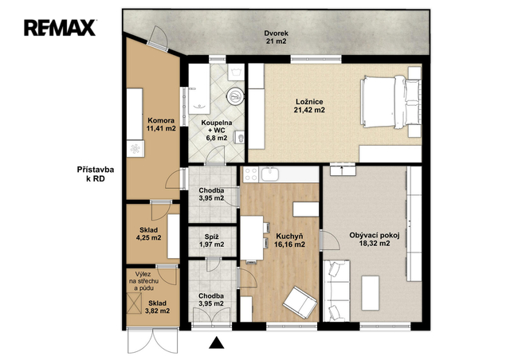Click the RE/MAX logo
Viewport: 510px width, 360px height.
(x=60, y=28)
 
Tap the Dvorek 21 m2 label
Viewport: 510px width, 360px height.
(x=276, y=37)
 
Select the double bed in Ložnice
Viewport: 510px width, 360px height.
(x=390, y=101)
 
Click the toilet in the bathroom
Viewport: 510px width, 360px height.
(x=240, y=139)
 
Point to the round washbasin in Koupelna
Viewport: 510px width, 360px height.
(x=235, y=96)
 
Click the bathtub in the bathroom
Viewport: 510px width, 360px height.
(x=199, y=88)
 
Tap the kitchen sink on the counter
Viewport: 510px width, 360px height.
(x=270, y=174)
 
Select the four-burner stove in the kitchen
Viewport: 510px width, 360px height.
(x=251, y=174)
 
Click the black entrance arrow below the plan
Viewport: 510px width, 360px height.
(x=216, y=342)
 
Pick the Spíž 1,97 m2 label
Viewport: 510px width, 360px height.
(x=212, y=241)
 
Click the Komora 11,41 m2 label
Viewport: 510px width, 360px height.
(x=161, y=124)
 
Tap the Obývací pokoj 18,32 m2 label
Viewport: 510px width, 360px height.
(x=375, y=239)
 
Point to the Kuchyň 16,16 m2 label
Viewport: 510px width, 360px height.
(x=289, y=240)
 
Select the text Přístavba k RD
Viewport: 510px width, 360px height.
(x=96, y=174)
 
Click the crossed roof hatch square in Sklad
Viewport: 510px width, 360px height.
(x=134, y=303)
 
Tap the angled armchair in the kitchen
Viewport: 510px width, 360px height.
(x=300, y=303)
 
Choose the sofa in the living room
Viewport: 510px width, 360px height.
(x=336, y=291)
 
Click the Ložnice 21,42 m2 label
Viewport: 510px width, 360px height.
(x=309, y=106)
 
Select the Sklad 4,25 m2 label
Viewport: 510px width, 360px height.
(x=149, y=234)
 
